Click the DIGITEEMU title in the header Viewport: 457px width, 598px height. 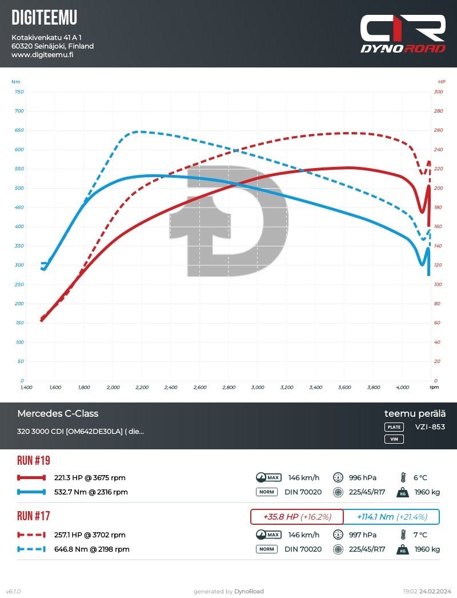tap(44, 18)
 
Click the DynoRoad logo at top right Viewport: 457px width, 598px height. tap(403, 34)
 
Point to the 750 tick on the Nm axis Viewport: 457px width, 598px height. tap(19, 91)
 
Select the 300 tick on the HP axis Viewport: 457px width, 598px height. tap(439, 91)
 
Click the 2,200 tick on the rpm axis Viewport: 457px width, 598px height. tap(142, 388)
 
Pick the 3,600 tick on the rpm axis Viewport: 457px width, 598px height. tap(344, 388)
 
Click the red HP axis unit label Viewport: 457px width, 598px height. tap(442, 81)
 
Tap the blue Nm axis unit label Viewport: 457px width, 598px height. tap(15, 81)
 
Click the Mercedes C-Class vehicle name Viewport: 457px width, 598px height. tap(58, 413)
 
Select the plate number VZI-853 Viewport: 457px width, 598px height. tap(430, 426)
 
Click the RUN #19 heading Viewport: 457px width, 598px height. tap(34, 460)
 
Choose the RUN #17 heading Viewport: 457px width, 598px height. tap(34, 516)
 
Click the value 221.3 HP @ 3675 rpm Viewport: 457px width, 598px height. tap(90, 478)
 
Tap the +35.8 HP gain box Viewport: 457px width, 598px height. tap(297, 517)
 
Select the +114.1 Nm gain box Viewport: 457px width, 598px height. tap(392, 517)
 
